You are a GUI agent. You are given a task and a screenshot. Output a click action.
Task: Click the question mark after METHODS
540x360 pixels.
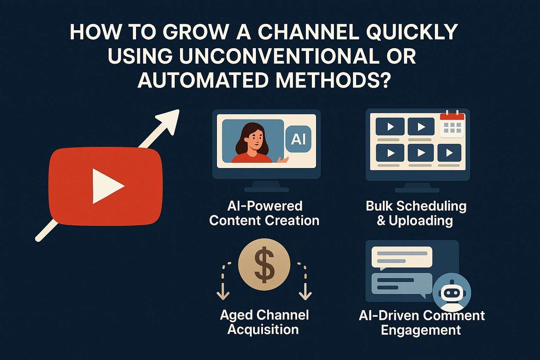(383, 80)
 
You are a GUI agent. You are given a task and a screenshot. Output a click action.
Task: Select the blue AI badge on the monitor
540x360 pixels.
(298, 139)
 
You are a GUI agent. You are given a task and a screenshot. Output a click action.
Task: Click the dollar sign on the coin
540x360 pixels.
(264, 264)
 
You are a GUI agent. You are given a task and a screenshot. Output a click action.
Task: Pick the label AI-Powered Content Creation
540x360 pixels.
(264, 213)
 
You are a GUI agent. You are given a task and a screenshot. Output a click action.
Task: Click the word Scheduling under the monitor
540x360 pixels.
(431, 207)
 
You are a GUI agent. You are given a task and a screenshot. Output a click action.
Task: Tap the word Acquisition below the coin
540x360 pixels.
(263, 329)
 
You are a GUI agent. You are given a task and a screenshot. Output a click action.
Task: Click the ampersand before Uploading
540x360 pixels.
(381, 221)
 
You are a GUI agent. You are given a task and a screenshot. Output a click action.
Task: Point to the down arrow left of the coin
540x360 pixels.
(223, 281)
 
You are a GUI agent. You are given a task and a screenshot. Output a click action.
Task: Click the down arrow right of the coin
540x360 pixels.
(305, 281)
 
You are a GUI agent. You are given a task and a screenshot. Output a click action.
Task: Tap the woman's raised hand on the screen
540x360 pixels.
(282, 159)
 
